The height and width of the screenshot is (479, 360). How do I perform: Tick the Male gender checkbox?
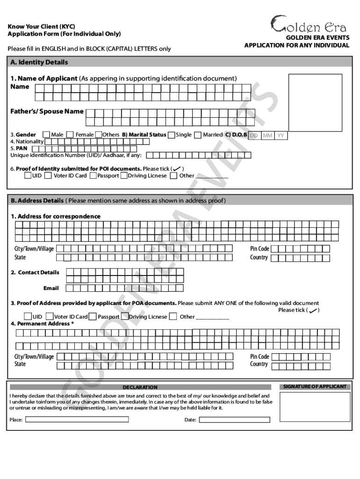click(x=46, y=135)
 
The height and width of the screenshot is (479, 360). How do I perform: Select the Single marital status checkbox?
click(x=172, y=135)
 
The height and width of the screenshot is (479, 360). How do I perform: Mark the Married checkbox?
click(x=198, y=135)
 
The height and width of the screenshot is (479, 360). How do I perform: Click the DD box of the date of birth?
click(x=254, y=136)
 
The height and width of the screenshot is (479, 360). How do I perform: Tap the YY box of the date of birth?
click(x=281, y=136)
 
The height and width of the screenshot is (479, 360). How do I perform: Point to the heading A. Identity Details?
click(x=40, y=62)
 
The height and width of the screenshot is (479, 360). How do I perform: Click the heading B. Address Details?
click(x=37, y=201)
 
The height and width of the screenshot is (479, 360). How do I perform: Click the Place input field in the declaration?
click(x=77, y=420)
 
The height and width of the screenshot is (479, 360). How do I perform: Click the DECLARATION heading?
click(x=140, y=387)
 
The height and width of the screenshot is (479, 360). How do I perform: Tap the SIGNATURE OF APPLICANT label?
click(x=315, y=386)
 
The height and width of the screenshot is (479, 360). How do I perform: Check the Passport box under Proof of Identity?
click(x=94, y=176)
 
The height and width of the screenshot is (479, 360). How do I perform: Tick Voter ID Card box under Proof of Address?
click(x=51, y=317)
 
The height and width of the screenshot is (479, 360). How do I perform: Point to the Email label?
click(x=51, y=288)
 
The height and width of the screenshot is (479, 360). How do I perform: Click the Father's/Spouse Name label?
click(x=47, y=111)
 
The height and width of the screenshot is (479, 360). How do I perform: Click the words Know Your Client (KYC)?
click(x=41, y=26)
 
